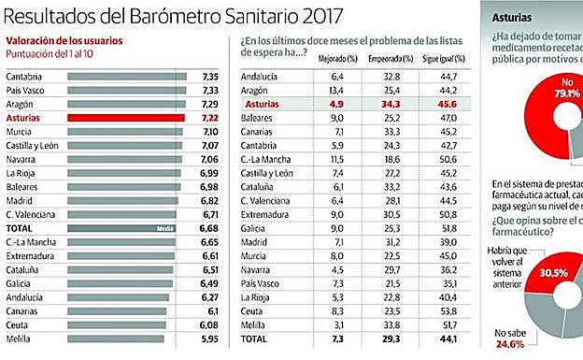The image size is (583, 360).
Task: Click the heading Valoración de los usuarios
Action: [x=64, y=41]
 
